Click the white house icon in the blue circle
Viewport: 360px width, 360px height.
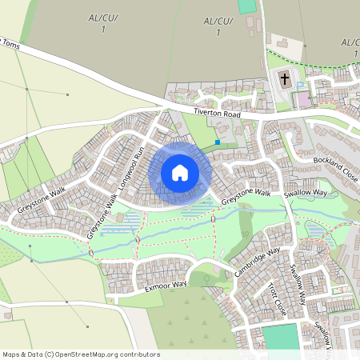pos(179,172)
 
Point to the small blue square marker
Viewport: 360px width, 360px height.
pos(217,142)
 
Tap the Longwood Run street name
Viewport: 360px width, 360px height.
pos(131,167)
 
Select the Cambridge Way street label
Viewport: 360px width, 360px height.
pos(258,262)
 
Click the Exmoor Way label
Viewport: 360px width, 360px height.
pos(166,284)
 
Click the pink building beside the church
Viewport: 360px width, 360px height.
pos(302,100)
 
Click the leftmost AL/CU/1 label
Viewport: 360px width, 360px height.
pos(99,22)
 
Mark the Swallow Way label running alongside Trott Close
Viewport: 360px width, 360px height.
pos(298,285)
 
